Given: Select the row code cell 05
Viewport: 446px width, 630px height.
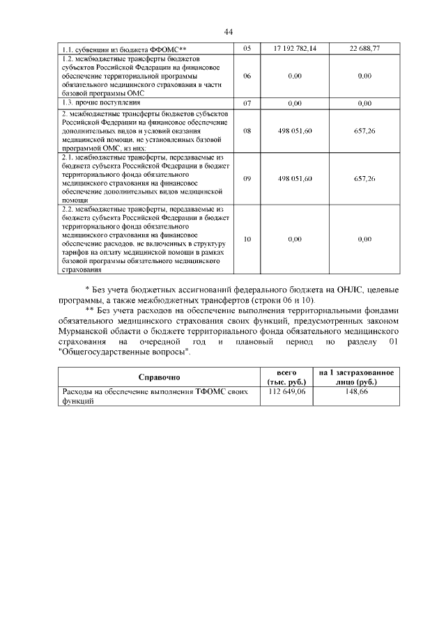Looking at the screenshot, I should click(247, 49).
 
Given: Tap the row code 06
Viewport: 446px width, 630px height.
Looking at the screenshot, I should click(247, 76).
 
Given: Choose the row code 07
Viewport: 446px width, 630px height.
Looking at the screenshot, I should click(247, 103).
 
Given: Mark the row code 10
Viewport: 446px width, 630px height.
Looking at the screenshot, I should click(247, 239).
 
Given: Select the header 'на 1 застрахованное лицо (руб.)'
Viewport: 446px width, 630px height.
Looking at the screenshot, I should click(356, 377).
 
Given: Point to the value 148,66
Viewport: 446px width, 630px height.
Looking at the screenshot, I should click(356, 393).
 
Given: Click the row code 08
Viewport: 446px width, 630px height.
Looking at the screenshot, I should click(247, 130).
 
